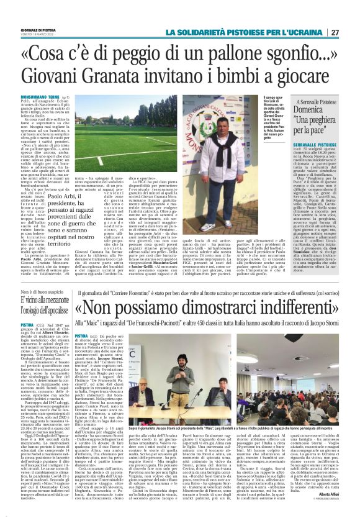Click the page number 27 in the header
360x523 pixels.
tap(351, 32)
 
